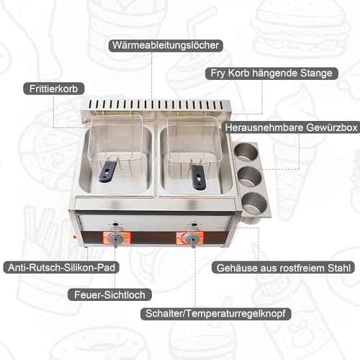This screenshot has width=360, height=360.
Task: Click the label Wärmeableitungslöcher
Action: click(x=166, y=45)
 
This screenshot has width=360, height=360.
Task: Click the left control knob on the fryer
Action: click(x=114, y=239)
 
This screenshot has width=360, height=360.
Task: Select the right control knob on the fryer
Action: click(x=193, y=240)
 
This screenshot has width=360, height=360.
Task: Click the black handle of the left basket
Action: click(x=108, y=171)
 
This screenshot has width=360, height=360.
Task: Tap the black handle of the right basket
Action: click(x=198, y=172)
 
